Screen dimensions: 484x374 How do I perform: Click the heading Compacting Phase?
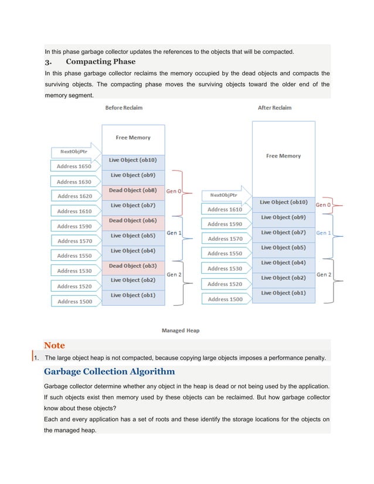(x=100, y=62)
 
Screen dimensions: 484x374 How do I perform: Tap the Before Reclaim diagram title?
(x=124, y=108)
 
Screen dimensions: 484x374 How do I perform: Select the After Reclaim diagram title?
(x=274, y=108)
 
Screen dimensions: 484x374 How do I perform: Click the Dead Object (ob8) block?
(x=133, y=190)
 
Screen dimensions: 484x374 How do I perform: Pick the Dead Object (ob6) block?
(x=133, y=220)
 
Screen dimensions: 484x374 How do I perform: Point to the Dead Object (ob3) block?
(x=133, y=265)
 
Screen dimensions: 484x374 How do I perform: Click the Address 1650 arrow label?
(x=74, y=166)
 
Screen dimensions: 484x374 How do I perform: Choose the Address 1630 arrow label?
(x=74, y=182)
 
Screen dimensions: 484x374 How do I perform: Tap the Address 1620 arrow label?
(x=74, y=196)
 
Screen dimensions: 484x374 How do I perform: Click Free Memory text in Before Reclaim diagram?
(x=133, y=138)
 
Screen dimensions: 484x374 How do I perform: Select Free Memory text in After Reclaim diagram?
(x=283, y=156)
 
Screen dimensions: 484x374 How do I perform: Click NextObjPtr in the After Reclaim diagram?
(x=223, y=195)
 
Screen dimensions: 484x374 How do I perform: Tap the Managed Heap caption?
(x=181, y=330)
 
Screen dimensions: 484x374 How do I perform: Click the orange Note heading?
(x=55, y=345)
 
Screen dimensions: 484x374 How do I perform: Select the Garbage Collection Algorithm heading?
(x=109, y=371)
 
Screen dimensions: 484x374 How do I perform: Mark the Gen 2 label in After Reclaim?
(x=324, y=274)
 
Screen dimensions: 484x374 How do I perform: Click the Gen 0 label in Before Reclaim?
(x=174, y=191)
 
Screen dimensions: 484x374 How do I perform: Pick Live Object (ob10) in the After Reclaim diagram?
(x=283, y=202)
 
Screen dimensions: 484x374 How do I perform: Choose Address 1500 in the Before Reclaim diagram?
(x=74, y=301)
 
